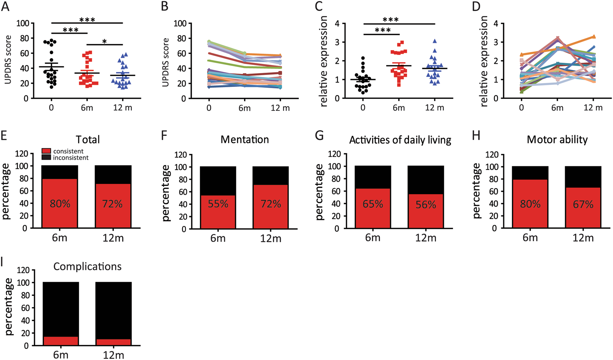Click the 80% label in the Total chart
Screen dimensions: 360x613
coord(60,204)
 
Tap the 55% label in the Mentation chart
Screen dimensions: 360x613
coord(218,204)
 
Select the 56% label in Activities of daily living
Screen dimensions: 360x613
coord(426,205)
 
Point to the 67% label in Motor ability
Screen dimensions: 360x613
coord(583,204)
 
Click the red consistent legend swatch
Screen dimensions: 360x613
coord(46,151)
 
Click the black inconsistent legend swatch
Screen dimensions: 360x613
coord(46,157)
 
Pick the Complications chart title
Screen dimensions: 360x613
coord(87,267)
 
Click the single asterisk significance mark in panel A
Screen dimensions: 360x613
coord(105,42)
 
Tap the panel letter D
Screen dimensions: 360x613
coord(476,7)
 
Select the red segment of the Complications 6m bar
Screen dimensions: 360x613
coord(61,341)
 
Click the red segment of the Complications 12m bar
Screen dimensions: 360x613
coord(113,342)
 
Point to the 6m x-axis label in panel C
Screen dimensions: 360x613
coord(399,108)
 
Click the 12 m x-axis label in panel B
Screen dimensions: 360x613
coord(280,108)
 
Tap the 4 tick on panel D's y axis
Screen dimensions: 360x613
coord(496,24)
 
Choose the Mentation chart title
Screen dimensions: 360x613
coord(245,140)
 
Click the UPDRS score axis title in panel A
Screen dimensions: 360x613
coord(8,60)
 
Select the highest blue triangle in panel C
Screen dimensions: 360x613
coord(435,41)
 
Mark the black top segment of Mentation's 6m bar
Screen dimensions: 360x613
coord(218,181)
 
